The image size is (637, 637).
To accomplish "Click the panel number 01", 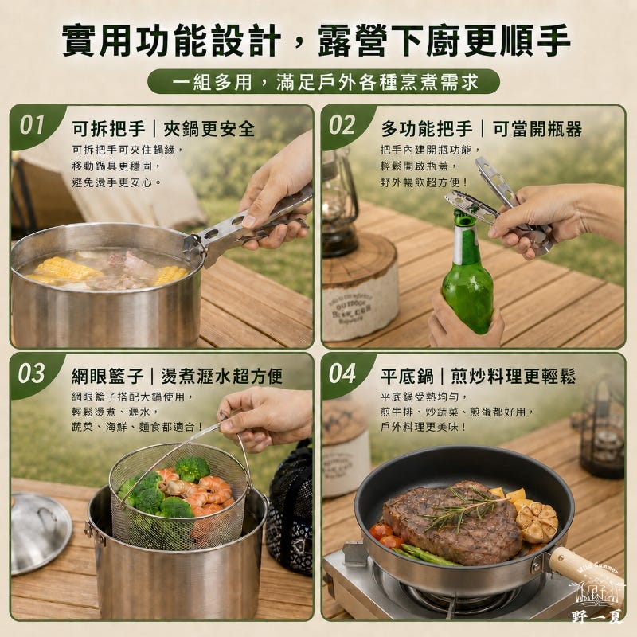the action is coord(32,125).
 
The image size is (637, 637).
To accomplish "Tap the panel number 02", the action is coord(342,125).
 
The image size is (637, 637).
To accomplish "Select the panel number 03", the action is coord(31,373).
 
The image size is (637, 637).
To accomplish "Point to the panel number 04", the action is coord(342,373).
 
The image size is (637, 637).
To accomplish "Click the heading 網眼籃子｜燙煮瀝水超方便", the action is coord(177,376).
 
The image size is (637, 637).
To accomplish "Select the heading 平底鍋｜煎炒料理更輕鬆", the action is coord(479,376).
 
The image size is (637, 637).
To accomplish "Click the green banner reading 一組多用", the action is coord(323,82).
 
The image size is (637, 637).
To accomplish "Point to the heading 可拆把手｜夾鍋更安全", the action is coord(163,129).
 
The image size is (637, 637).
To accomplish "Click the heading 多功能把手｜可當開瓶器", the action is coord(482,129).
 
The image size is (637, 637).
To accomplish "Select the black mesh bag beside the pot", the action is coord(291,508).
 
